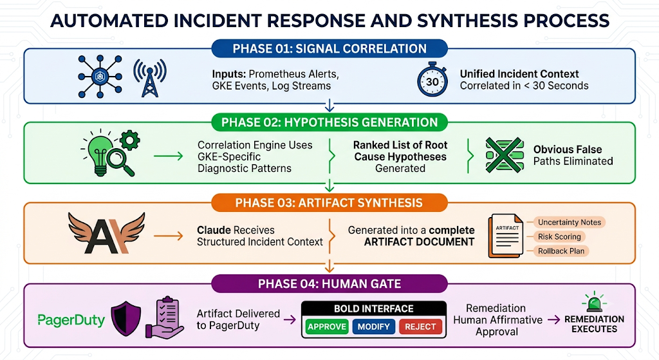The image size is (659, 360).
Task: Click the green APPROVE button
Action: click(326, 327)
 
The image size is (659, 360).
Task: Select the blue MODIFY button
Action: click(374, 327)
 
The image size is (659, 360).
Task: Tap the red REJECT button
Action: click(420, 327)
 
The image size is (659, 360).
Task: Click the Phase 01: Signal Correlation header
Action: click(329, 48)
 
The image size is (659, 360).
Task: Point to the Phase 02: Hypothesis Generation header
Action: click(329, 122)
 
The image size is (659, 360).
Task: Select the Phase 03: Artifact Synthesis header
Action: click(329, 203)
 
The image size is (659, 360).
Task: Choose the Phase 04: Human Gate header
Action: click(329, 284)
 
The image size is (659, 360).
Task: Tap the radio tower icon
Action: click(149, 78)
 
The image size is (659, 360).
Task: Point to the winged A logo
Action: click(107, 233)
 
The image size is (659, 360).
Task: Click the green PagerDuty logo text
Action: click(71, 321)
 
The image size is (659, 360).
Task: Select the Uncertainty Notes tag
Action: click(569, 222)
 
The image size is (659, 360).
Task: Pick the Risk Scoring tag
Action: click(559, 237)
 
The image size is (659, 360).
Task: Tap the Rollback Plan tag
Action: click(561, 251)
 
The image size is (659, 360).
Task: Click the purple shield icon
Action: click(125, 318)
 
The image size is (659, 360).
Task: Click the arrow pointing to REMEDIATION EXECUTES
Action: click(554, 320)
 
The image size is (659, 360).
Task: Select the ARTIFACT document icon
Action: click(506, 236)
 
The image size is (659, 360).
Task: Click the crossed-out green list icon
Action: click(505, 155)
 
